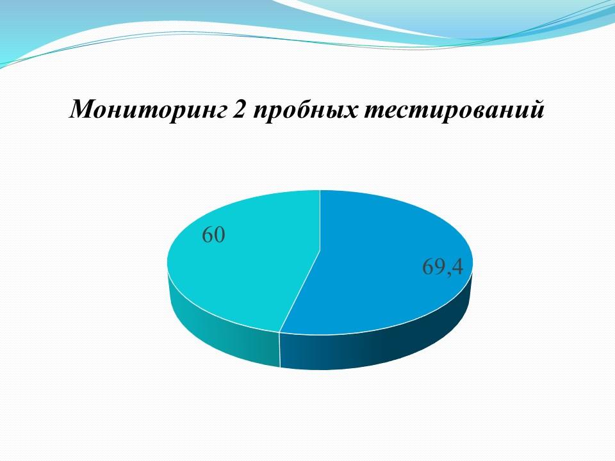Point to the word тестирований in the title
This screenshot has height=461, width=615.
tap(454, 109)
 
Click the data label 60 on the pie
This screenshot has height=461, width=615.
tap(214, 235)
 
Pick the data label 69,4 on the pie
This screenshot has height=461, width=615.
tap(443, 268)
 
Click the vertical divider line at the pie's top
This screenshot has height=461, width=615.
tap(320, 220)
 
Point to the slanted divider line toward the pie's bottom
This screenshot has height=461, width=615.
tap(300, 291)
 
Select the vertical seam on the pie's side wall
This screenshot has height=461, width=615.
tap(280, 350)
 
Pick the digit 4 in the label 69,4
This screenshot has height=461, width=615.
tap(457, 266)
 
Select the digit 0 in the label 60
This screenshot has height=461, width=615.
tap(220, 235)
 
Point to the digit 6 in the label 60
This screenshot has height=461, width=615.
tap(208, 235)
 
